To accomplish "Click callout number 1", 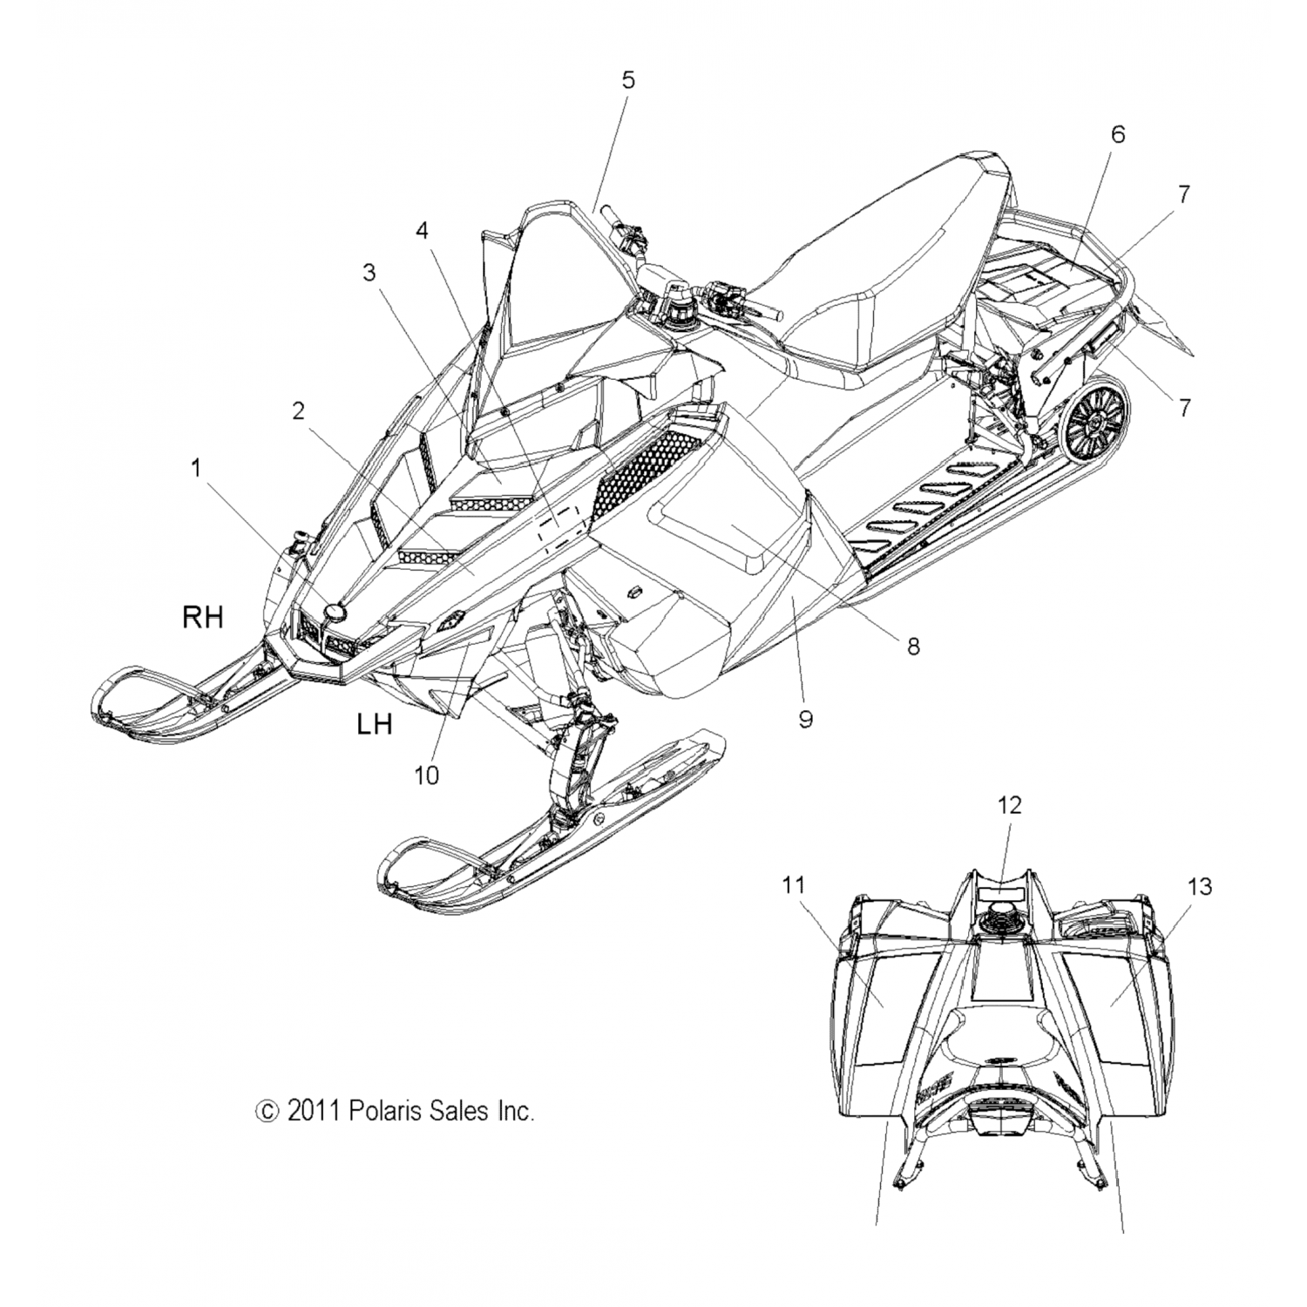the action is (x=196, y=469).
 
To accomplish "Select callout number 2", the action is (x=298, y=411).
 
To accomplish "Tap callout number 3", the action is (x=369, y=273).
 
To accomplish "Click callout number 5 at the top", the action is (x=627, y=80).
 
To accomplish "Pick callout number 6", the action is (x=1118, y=134).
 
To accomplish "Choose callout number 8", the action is (x=913, y=646).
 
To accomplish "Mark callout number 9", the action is (x=805, y=720).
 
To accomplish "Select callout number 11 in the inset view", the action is (x=793, y=886).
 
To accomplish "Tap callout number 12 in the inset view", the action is (x=1009, y=805).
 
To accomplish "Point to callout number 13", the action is (x=1199, y=886).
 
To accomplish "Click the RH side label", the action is (x=202, y=618).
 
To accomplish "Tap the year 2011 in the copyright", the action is (x=314, y=1111).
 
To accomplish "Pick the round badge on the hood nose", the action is (x=334, y=613).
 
